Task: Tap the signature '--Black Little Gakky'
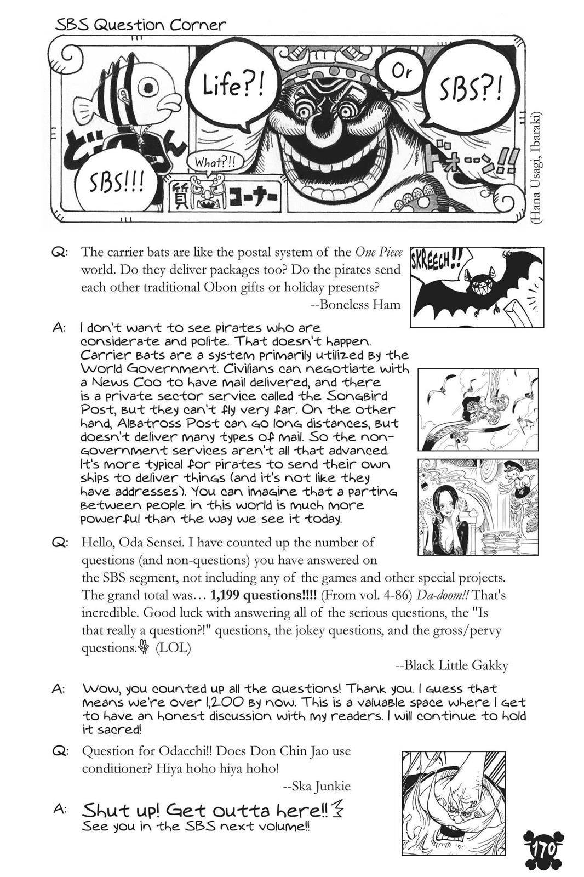[451, 665]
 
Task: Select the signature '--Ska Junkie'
[317, 786]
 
